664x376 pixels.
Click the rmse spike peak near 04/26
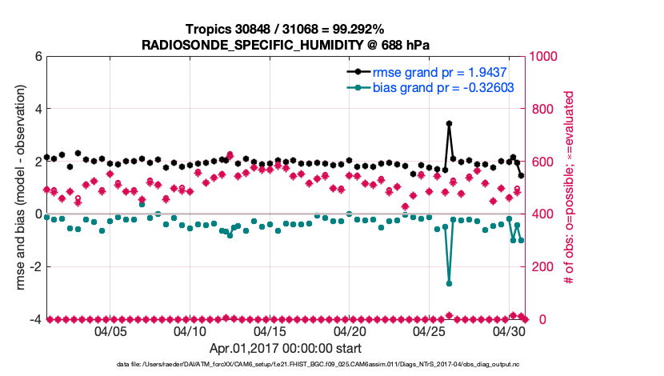449,124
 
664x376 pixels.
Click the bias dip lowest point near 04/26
449,283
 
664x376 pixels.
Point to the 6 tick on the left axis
37,57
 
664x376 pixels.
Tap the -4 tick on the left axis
35,319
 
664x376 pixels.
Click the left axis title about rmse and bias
17,188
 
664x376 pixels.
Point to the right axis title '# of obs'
570,188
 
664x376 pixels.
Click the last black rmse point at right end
521,175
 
